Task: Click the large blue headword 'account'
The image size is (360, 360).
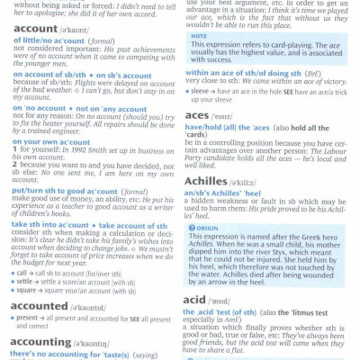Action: coord(36,28)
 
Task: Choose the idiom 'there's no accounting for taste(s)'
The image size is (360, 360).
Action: coord(71,355)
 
